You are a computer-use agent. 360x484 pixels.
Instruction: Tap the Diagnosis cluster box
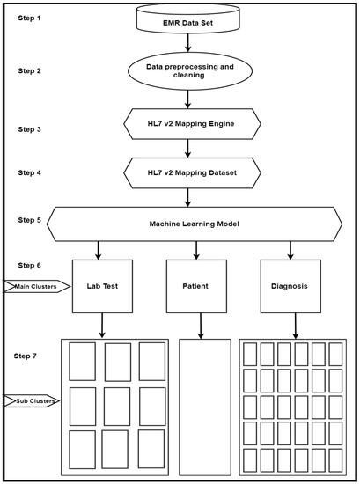coord(294,285)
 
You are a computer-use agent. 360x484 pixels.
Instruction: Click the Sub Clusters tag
coord(33,401)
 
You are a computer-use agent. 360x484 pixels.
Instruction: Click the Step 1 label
coord(28,18)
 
